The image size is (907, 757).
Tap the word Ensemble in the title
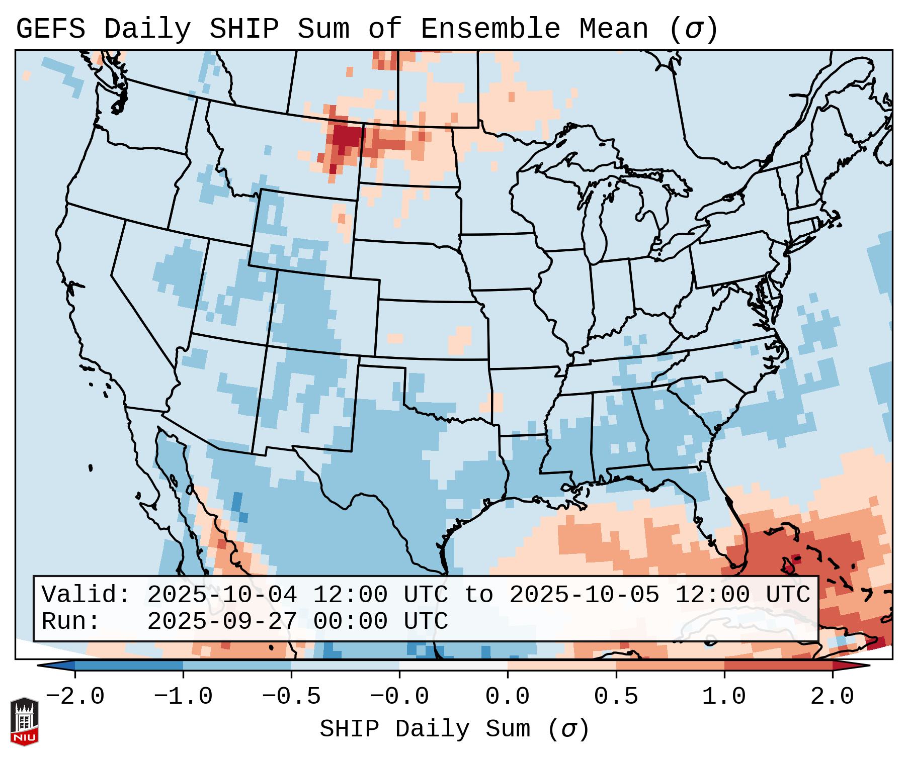click(x=490, y=29)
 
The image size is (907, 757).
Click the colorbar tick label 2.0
click(x=832, y=697)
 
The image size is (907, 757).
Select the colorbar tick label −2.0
click(x=75, y=697)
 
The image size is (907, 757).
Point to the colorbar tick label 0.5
click(x=616, y=697)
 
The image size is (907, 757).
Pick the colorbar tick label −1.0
click(x=183, y=697)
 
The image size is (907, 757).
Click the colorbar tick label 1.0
click(x=724, y=697)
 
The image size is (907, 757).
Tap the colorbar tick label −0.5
click(x=291, y=697)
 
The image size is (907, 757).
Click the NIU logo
click(x=24, y=721)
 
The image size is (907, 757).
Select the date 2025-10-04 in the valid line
click(x=222, y=595)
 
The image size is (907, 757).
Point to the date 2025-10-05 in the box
click(x=584, y=595)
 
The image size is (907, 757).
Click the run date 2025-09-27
click(x=222, y=622)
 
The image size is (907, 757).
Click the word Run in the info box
click(x=70, y=622)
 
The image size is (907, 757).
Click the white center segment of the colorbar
click(x=453, y=665)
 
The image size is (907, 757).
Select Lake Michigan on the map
click(x=596, y=221)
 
